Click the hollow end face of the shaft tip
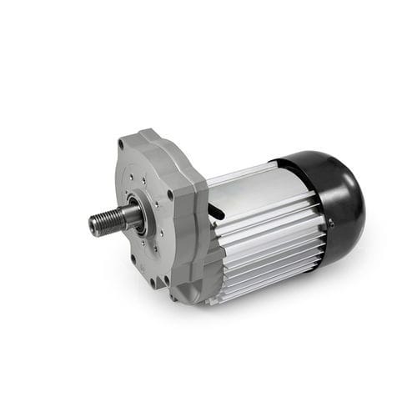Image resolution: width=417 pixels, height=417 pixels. tap(91, 227)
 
